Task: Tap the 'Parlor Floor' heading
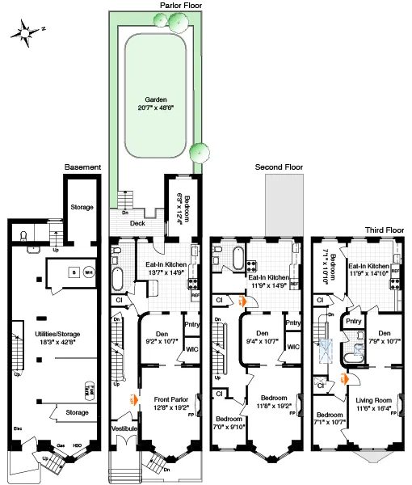click(x=179, y=5)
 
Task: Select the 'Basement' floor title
click(x=82, y=167)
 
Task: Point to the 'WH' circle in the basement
click(x=89, y=272)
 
